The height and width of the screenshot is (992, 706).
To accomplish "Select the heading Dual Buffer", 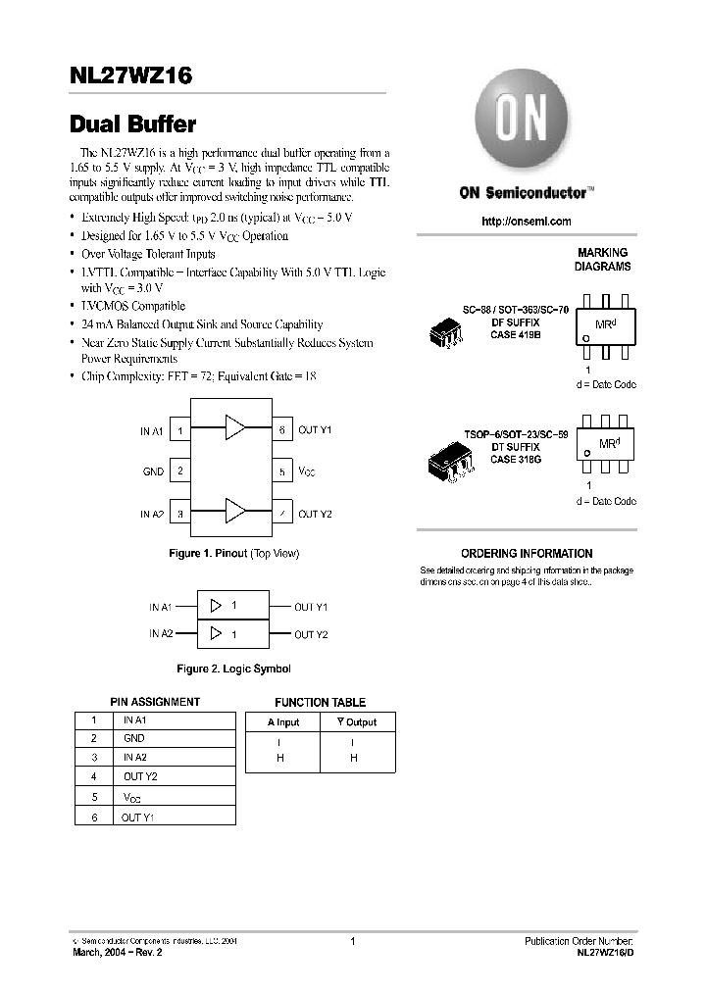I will pyautogui.click(x=133, y=124).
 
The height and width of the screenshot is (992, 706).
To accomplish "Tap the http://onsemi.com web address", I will pyautogui.click(x=526, y=222).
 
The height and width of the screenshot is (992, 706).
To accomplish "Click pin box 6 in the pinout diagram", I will pyautogui.click(x=282, y=429).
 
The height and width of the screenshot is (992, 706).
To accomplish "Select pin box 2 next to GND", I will pyautogui.click(x=180, y=471).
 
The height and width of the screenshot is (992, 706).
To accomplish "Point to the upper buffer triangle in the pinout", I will pyautogui.click(x=235, y=427).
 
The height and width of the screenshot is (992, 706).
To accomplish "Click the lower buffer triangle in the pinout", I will pyautogui.click(x=235, y=512).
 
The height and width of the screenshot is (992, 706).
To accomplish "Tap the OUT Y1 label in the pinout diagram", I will pyautogui.click(x=315, y=430).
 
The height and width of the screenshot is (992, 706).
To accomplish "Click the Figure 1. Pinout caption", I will pyautogui.click(x=234, y=554).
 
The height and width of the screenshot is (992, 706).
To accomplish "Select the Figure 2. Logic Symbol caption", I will pyautogui.click(x=233, y=669).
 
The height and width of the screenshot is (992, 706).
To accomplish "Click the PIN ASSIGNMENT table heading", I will pyautogui.click(x=155, y=702).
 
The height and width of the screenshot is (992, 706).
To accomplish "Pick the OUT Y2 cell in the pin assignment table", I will pyautogui.click(x=140, y=776).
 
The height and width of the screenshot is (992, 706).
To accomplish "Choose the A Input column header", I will pyautogui.click(x=283, y=722).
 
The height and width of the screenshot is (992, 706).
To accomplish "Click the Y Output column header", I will pyautogui.click(x=357, y=722).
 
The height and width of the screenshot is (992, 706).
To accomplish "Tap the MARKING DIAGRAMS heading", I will pyautogui.click(x=602, y=260).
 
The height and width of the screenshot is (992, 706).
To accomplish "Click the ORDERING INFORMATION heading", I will pyautogui.click(x=527, y=554).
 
